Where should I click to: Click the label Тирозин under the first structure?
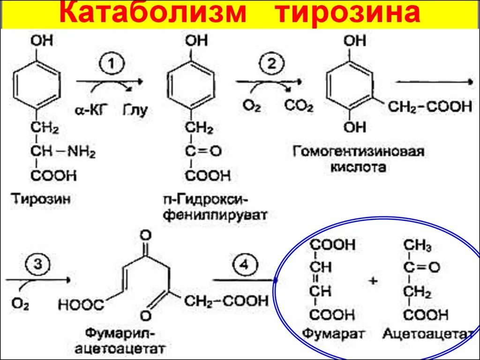pyautogui.click(x=41, y=199)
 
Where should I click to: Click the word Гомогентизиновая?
pyautogui.click(x=359, y=151)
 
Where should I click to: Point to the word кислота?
pyautogui.click(x=359, y=167)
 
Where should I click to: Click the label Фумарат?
pyautogui.click(x=333, y=334)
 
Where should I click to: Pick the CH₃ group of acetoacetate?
pyautogui.click(x=418, y=245)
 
